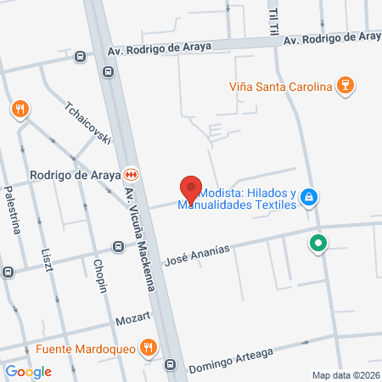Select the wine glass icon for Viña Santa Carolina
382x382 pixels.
point(345,85)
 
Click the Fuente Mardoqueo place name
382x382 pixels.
point(85,348)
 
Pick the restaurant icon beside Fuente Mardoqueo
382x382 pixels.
point(149,346)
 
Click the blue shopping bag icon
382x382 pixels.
point(310,198)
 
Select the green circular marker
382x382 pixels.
point(318,244)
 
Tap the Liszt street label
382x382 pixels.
point(48,262)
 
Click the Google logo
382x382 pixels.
point(28,371)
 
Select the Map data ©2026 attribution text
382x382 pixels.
point(345,375)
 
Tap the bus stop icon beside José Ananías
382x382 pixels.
point(120,247)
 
